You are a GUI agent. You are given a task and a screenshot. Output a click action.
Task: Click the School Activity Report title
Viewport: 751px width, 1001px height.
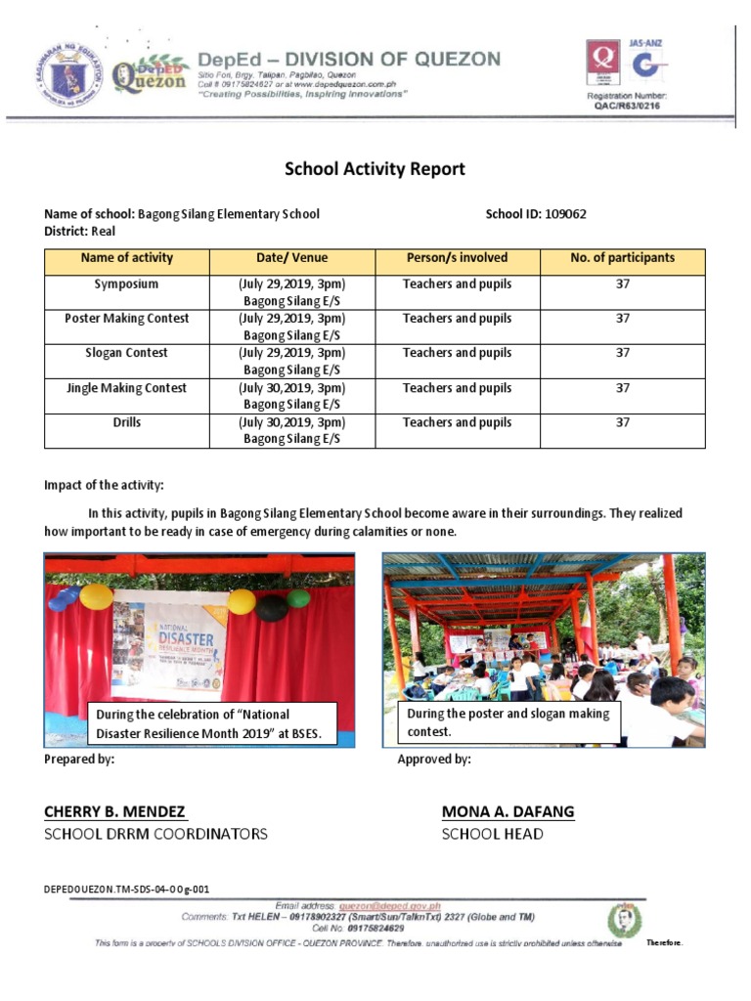tap(375, 169)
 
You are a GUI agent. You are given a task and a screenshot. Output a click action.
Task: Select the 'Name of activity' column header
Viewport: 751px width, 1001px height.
tap(126, 258)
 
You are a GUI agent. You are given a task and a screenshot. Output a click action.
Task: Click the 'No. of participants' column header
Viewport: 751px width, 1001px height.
tap(622, 258)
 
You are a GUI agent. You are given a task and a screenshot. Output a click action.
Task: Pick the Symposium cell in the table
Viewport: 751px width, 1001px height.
tap(126, 284)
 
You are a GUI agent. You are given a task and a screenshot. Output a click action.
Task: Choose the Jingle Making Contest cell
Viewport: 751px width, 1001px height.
tap(126, 388)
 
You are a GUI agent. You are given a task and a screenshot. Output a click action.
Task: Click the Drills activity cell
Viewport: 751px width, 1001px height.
tap(126, 422)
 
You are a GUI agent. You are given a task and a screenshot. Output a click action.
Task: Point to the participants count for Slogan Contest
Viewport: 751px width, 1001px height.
tap(622, 353)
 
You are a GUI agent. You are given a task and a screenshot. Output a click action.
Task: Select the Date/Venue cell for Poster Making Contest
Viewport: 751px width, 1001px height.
tap(291, 326)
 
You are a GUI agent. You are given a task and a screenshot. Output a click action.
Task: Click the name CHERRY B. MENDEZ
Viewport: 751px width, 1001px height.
tap(115, 811)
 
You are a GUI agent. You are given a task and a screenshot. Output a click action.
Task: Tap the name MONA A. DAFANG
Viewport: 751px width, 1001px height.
tap(508, 811)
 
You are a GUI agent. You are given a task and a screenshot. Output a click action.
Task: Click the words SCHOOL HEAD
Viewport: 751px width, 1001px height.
tap(492, 835)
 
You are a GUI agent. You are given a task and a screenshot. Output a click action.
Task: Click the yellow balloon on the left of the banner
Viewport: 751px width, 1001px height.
tap(95, 596)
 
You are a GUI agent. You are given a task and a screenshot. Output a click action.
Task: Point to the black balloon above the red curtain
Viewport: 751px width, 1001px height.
tap(272, 607)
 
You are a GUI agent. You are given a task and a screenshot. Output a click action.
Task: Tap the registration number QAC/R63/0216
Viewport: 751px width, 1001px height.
tap(627, 106)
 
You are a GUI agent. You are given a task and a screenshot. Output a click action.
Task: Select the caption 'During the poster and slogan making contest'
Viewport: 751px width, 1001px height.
tap(508, 722)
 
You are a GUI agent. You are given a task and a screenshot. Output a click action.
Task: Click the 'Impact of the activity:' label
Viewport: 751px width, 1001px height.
tap(105, 485)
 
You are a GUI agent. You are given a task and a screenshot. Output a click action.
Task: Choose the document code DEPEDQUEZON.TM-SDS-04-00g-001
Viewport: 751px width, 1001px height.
tap(126, 890)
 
